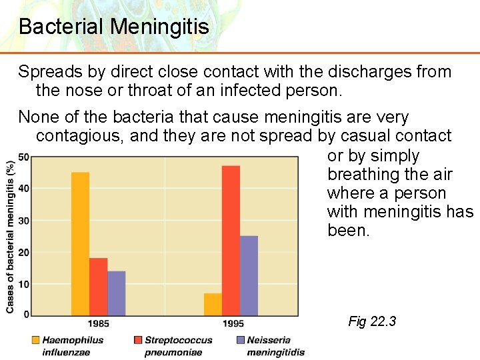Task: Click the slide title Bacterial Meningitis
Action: pos(114,27)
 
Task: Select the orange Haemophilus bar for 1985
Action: pos(80,243)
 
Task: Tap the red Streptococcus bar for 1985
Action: pos(98,287)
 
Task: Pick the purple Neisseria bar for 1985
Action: pos(116,293)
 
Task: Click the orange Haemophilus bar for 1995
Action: pos(213,304)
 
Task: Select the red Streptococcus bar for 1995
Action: pos(231,240)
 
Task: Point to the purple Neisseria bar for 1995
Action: pos(249,275)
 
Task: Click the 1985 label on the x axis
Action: pos(98,324)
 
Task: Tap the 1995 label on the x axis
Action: pos(233,324)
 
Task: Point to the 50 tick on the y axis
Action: pos(23,157)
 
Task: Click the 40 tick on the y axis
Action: pos(23,189)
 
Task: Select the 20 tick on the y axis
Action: pos(23,252)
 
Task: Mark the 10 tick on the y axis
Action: pos(23,284)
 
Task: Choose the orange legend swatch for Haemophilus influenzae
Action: pos(35,340)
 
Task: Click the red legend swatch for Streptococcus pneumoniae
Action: pos(138,340)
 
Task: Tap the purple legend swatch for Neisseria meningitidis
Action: pos(240,340)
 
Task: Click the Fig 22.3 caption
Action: pos(372,322)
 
